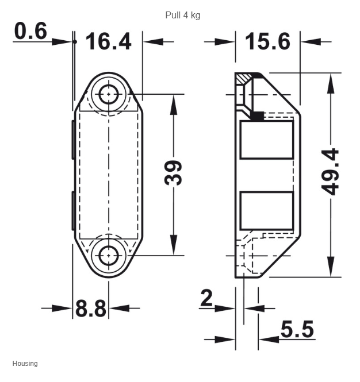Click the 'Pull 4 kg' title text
(183, 16)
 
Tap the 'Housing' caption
(25, 363)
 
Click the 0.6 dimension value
(30, 31)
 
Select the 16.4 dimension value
(109, 41)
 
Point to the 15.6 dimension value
(267, 41)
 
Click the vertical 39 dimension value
(173, 173)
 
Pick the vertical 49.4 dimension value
(330, 172)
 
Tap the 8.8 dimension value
(91, 308)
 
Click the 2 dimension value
(206, 298)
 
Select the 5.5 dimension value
(297, 329)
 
